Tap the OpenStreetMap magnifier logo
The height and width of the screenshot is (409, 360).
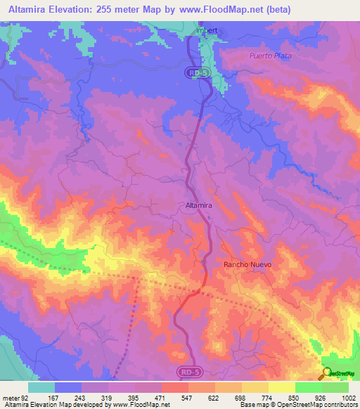pos(325,374)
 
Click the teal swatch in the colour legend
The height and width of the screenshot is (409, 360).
pos(41,387)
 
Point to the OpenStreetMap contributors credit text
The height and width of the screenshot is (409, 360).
pos(319,404)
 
